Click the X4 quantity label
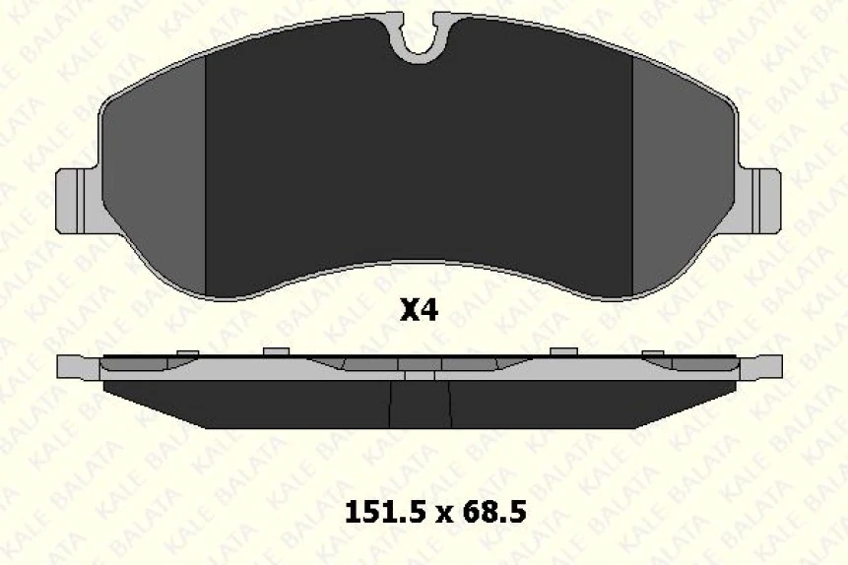point(418,311)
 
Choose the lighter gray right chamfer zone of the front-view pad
point(680,177)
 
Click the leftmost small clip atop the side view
point(186,352)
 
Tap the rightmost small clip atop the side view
point(653,352)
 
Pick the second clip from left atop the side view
point(275,351)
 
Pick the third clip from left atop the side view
point(562,351)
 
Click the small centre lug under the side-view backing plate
point(420,375)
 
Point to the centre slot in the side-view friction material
point(421,404)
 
